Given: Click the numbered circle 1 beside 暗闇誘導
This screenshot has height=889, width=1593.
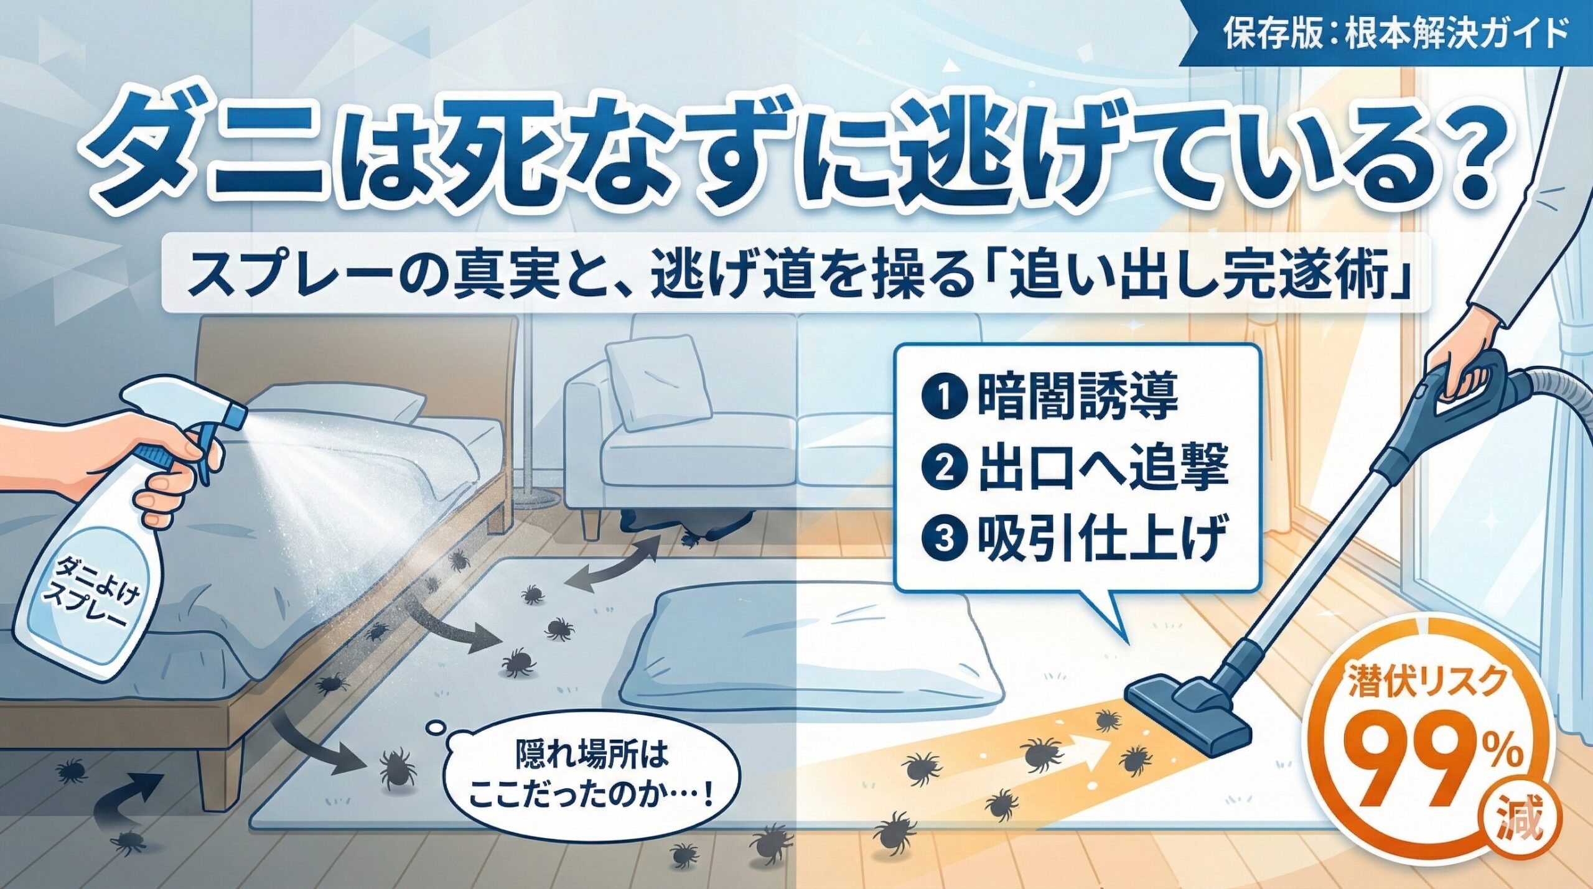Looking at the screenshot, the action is [x=945, y=396].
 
